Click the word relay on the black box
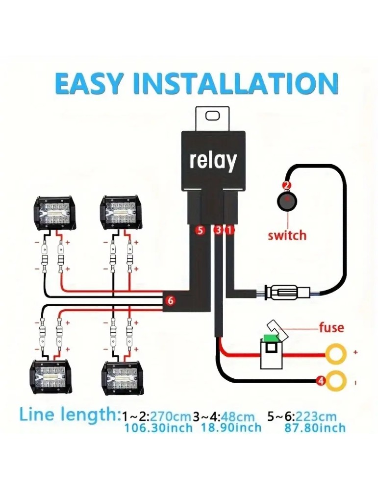tap(213, 161)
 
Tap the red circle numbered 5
tap(200, 229)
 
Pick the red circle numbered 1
tap(230, 229)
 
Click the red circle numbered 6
tap(170, 301)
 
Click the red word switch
tap(287, 235)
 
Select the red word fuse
tap(331, 327)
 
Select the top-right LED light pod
tap(120, 212)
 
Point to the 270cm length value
tap(170, 416)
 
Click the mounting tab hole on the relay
tap(213, 116)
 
